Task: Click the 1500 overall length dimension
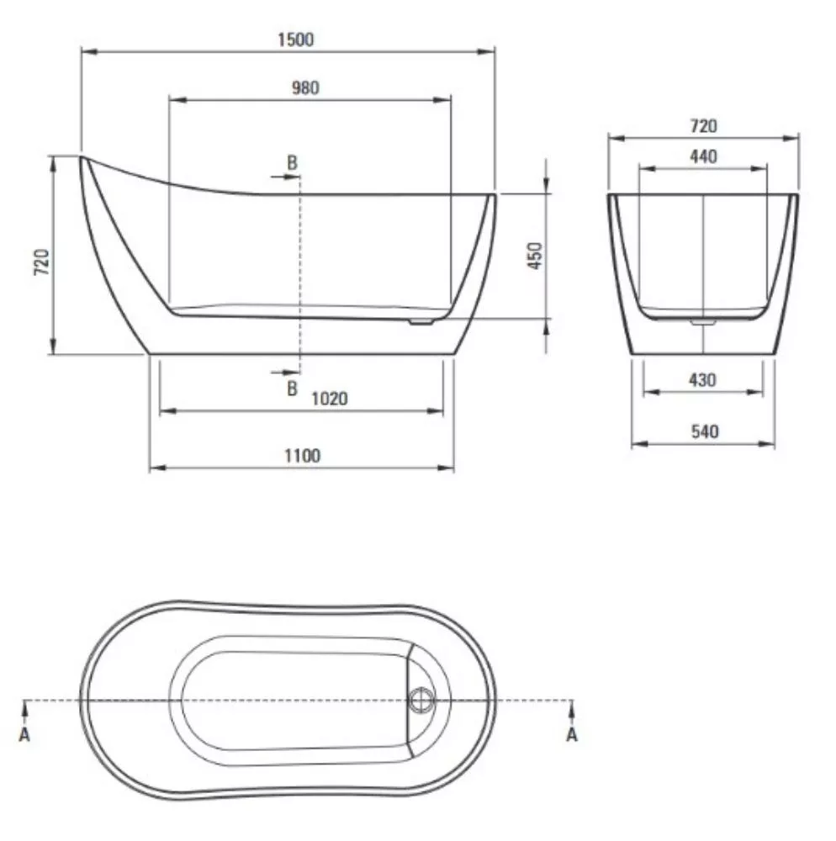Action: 295,40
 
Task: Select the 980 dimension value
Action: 305,87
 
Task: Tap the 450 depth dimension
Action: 535,256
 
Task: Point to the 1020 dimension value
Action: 329,399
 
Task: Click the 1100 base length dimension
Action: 303,456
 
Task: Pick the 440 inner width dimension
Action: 703,156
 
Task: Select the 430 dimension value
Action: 702,380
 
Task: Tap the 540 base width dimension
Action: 704,431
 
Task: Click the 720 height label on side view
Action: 42,262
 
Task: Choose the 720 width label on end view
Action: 703,126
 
